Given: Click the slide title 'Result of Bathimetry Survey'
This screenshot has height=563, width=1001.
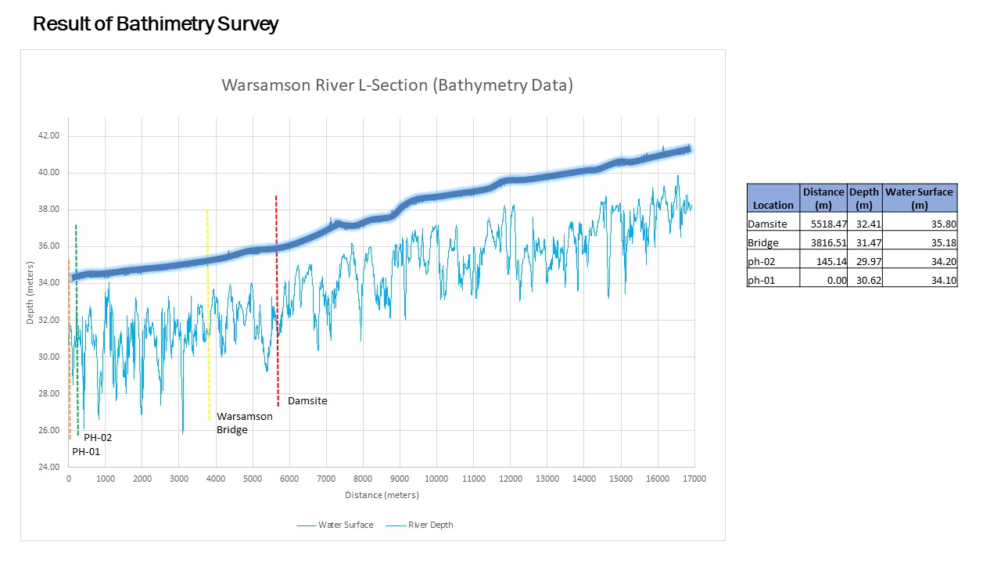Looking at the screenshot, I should coord(155,24).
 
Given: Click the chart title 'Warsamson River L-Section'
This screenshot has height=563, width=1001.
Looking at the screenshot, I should coord(397,85).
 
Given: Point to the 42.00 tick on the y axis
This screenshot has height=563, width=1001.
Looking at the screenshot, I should coord(48,136).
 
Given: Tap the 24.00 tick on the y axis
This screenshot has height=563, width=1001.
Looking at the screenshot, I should coord(48,468).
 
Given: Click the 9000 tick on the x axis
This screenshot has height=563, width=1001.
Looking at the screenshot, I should coord(400,479).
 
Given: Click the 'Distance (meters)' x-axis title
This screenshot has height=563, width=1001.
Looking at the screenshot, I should coord(382,495).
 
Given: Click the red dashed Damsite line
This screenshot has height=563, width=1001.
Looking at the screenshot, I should coord(277,235).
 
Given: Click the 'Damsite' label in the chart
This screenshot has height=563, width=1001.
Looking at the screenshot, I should coord(307,401).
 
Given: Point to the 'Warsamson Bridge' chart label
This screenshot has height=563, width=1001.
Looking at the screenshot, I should coord(244,423).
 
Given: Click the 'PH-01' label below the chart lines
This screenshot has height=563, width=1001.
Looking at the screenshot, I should coord(86,452).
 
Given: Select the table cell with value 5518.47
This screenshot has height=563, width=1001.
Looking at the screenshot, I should coord(824,224).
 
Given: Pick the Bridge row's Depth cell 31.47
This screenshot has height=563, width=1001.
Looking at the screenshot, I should coord(864,242).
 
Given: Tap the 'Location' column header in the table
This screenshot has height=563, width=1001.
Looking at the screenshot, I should coord(773,205).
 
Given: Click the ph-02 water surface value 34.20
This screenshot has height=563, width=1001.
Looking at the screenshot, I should coord(920,261).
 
